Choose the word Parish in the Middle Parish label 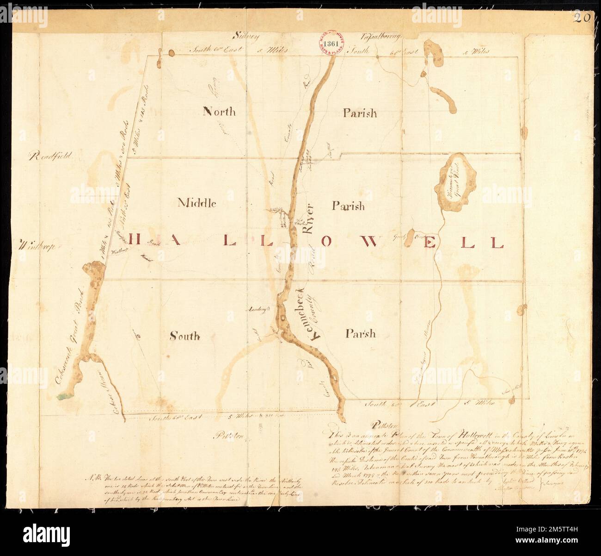[348, 206]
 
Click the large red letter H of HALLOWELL [136, 240]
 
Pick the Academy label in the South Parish [258, 309]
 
